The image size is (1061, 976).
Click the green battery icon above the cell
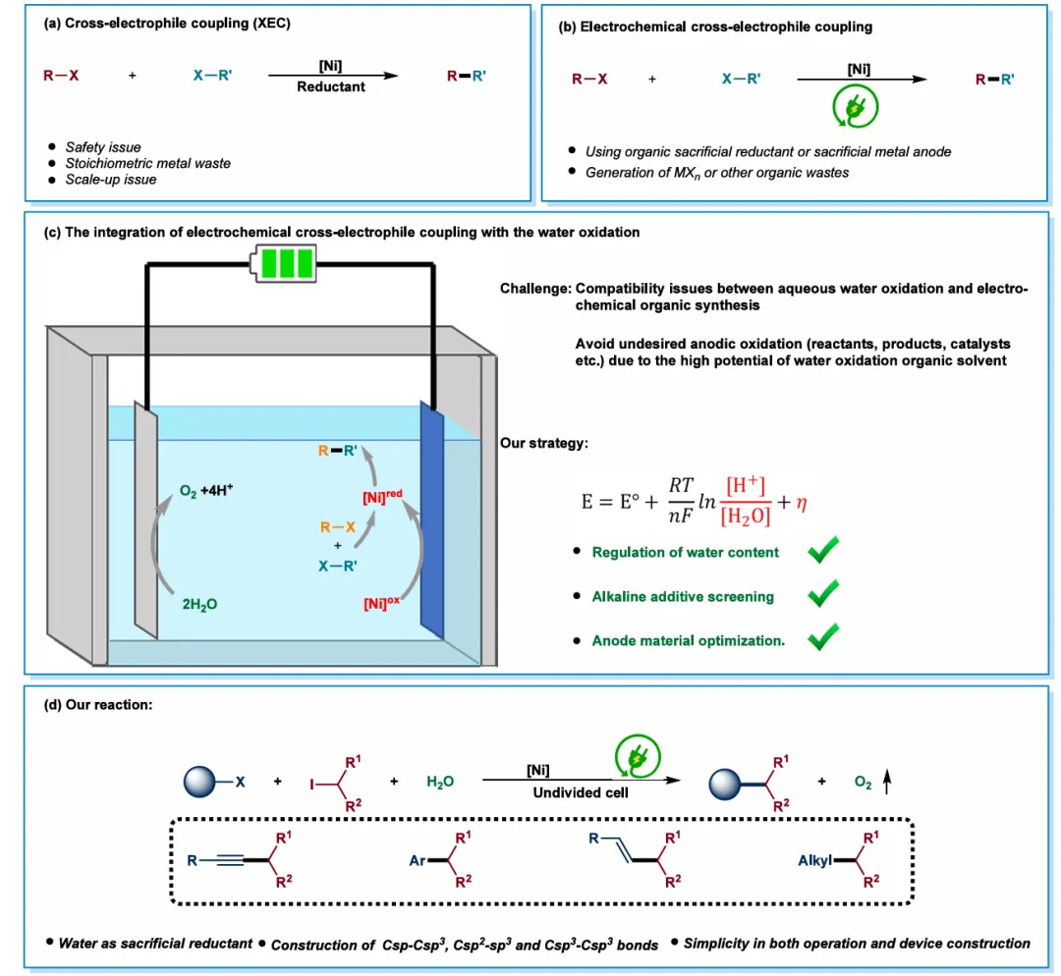pyautogui.click(x=283, y=263)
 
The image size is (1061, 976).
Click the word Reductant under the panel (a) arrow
pyautogui.click(x=330, y=86)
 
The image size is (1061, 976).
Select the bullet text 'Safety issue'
pyautogui.click(x=103, y=147)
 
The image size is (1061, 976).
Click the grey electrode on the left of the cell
pyautogui.click(x=146, y=520)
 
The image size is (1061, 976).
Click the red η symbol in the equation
pyautogui.click(x=802, y=502)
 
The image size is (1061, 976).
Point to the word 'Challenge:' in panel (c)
pyautogui.click(x=535, y=290)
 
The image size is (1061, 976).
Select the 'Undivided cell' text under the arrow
pyautogui.click(x=581, y=792)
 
